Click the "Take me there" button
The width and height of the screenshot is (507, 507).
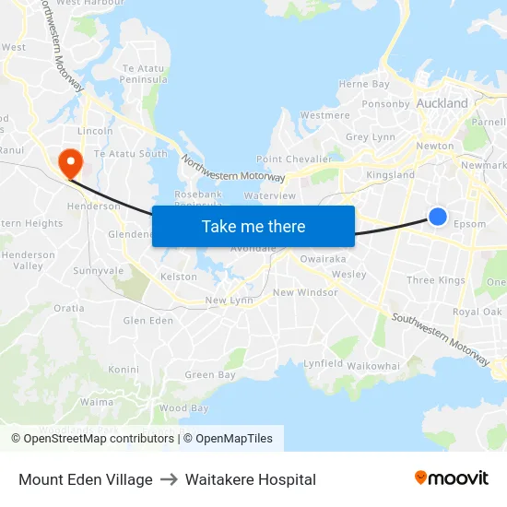(x=253, y=226)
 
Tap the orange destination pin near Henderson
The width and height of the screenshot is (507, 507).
(x=70, y=163)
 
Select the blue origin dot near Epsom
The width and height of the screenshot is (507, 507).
(x=438, y=217)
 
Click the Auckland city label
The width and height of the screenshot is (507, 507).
(x=442, y=103)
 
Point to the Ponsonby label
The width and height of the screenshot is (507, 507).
(x=385, y=104)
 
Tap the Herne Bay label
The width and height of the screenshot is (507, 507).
(x=364, y=84)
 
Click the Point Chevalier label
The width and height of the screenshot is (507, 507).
(x=294, y=159)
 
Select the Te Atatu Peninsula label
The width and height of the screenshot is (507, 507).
(x=143, y=75)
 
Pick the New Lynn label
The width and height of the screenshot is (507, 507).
(x=229, y=301)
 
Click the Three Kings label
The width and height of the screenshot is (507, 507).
(x=435, y=280)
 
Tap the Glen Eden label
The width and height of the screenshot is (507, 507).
(x=148, y=321)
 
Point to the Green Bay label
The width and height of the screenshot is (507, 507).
(x=210, y=375)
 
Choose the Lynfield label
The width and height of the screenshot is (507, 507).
(x=324, y=364)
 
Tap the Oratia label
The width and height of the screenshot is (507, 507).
(x=68, y=309)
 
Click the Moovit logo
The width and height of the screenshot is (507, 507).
(x=452, y=478)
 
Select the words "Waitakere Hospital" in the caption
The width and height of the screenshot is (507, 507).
(x=250, y=479)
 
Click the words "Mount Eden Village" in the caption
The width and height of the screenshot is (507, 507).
(x=86, y=479)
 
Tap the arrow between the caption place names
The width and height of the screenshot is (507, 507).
(x=169, y=479)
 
